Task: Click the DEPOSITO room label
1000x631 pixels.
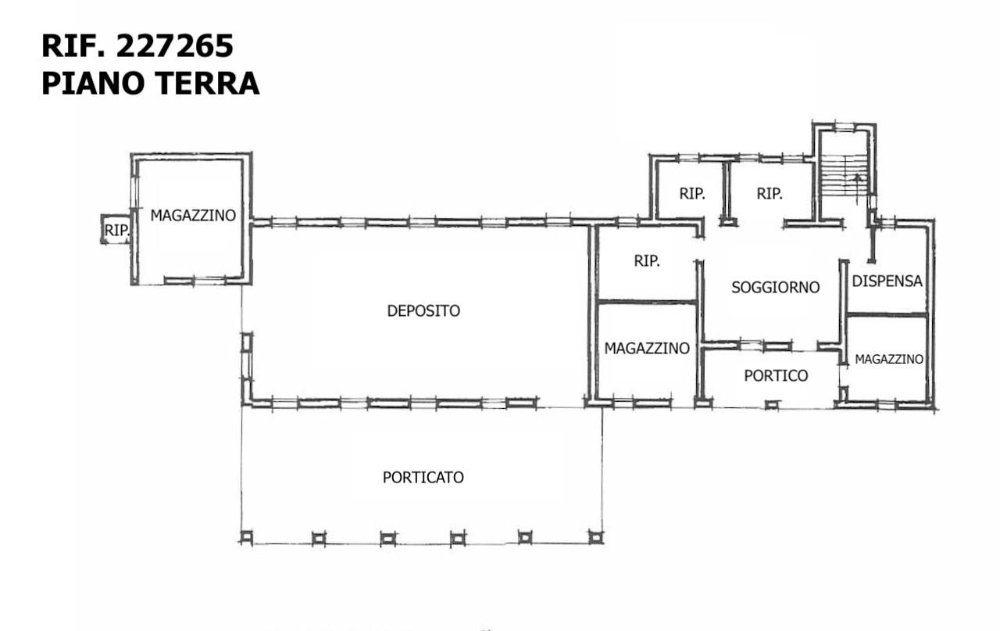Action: pyautogui.click(x=423, y=310)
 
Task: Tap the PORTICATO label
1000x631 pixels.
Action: pyautogui.click(x=423, y=477)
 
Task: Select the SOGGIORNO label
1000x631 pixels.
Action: pyautogui.click(x=776, y=287)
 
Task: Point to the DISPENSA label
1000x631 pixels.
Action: pyautogui.click(x=887, y=281)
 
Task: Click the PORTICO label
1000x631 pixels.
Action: pyautogui.click(x=776, y=376)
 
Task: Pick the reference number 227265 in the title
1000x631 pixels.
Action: pyautogui.click(x=174, y=45)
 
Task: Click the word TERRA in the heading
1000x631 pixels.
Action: pyautogui.click(x=207, y=83)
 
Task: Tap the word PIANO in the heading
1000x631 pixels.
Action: pyautogui.click(x=95, y=83)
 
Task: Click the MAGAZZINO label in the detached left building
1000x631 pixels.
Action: pyautogui.click(x=193, y=215)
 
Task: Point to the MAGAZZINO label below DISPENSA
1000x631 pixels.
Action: pyautogui.click(x=889, y=360)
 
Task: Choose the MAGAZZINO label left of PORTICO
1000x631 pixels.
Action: pyautogui.click(x=647, y=348)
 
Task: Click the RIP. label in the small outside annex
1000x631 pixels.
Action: pyautogui.click(x=117, y=231)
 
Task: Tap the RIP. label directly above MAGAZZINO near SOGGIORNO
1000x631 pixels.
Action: pyautogui.click(x=647, y=261)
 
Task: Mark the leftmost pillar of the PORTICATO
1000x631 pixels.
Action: pyautogui.click(x=246, y=537)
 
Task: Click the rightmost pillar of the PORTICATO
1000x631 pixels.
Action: pyautogui.click(x=595, y=536)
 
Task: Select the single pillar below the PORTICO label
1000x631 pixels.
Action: pyautogui.click(x=772, y=405)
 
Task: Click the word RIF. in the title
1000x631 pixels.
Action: pyautogui.click(x=73, y=45)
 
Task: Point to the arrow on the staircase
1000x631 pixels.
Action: pyautogui.click(x=857, y=188)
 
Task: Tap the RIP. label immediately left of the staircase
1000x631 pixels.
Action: pyautogui.click(x=770, y=193)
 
